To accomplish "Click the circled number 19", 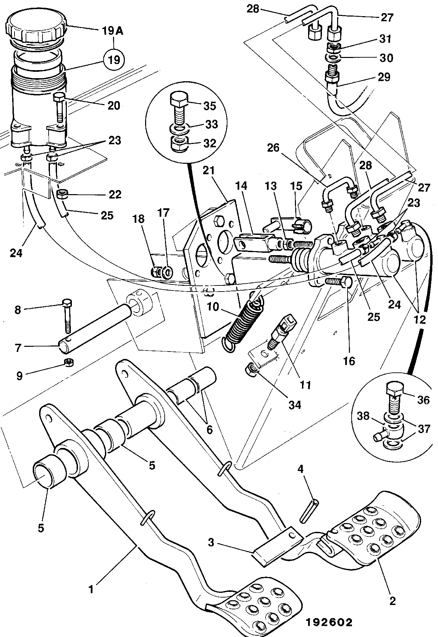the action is pos(114,60).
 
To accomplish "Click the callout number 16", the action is pos(349,362).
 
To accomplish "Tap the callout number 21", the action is pos(210,171).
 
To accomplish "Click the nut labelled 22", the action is pos(62,194).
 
